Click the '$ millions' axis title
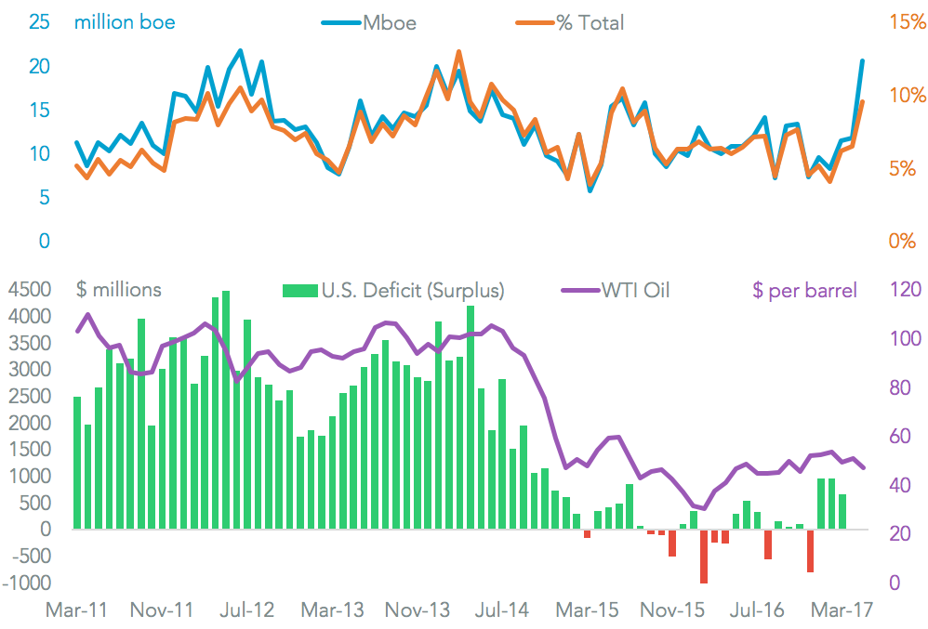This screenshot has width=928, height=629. (x=118, y=290)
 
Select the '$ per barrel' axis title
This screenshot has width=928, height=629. (x=804, y=291)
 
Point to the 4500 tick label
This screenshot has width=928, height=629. (x=33, y=291)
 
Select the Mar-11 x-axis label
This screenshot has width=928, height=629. (x=76, y=610)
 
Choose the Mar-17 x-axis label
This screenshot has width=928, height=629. (x=841, y=610)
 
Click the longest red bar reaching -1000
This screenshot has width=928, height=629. (x=704, y=557)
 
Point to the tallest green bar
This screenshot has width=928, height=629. (x=226, y=410)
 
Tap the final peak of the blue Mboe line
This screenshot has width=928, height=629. (x=862, y=61)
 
